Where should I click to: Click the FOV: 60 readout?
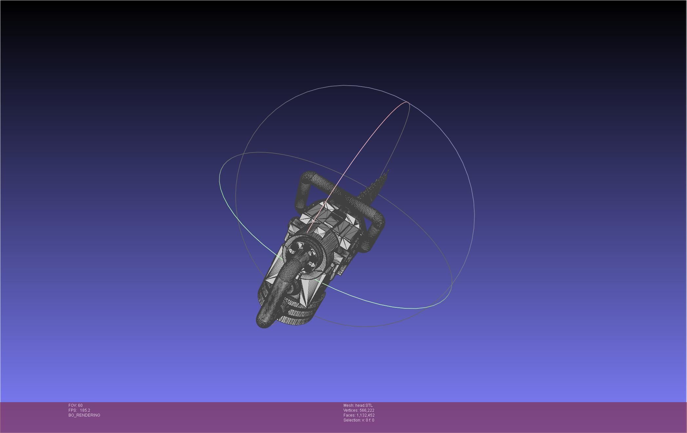click(x=75, y=405)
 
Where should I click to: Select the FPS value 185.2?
click(x=85, y=410)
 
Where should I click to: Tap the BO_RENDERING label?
click(x=84, y=415)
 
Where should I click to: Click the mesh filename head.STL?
click(x=364, y=405)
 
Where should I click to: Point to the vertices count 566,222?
click(x=367, y=410)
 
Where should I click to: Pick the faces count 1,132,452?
click(x=365, y=415)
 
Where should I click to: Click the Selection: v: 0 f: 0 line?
click(x=359, y=420)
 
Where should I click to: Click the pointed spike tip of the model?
click(x=388, y=170)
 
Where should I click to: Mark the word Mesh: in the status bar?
click(x=349, y=405)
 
